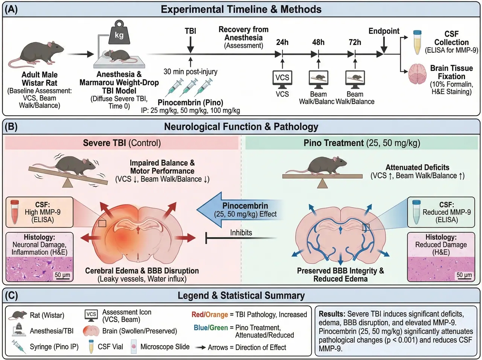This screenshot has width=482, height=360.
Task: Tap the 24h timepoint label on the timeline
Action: pos(282,42)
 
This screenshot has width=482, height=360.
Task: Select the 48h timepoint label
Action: pos(318,42)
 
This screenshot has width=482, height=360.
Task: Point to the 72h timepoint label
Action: pos(355,42)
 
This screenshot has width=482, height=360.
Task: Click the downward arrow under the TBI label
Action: pos(190,45)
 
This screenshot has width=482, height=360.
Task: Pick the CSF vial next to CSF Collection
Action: pos(417,42)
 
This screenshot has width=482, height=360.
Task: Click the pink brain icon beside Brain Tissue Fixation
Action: pos(417,74)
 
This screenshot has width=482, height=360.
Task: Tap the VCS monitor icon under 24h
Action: pos(282,79)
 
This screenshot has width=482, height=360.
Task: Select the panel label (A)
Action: pos(11,10)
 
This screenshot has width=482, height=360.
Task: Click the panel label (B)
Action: pos(11,127)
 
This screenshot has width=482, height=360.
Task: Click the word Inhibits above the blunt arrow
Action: pos(241,233)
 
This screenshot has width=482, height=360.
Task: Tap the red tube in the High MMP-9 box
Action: pos(15,212)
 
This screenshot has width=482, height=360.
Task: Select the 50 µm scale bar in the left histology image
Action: pos(62,276)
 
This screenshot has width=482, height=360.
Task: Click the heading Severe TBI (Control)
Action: pos(122,143)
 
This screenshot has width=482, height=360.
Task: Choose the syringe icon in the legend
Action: pos(18,346)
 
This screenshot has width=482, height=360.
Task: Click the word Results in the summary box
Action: pos(332,314)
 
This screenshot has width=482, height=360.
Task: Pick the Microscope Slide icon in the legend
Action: pos(134,347)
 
